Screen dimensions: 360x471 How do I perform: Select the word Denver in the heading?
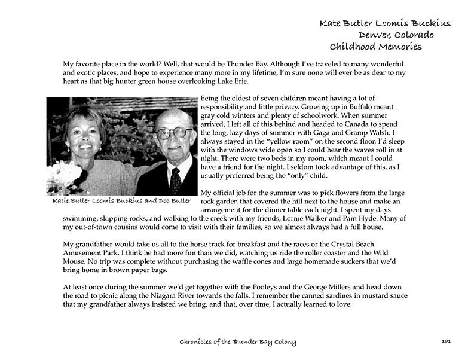coord(383,35)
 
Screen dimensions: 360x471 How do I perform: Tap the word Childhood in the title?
coord(353,47)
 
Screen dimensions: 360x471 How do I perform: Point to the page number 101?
coord(445,341)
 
